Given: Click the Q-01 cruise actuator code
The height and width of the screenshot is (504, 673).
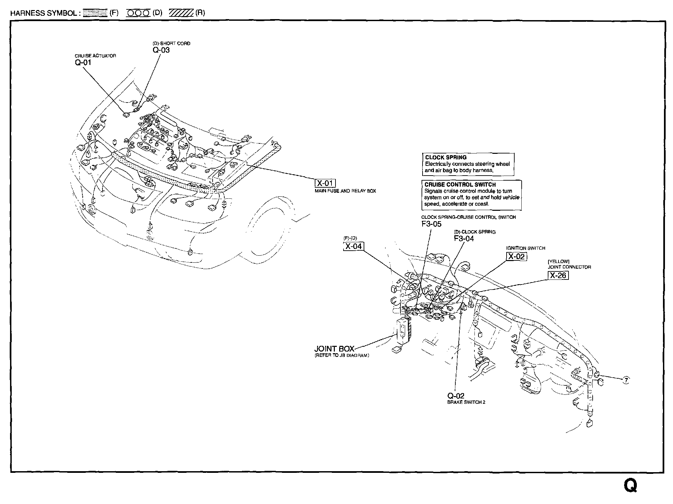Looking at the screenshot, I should [83, 62].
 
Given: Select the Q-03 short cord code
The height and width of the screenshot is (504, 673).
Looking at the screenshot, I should [161, 50].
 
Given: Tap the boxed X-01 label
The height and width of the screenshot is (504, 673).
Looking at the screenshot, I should [325, 183].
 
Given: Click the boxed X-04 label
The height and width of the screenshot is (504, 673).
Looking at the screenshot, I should [354, 246].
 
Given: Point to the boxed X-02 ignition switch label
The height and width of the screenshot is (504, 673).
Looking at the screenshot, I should [516, 256].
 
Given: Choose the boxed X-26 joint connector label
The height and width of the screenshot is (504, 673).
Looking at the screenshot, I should [558, 275].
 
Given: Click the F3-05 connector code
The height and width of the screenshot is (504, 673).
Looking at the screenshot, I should [431, 224].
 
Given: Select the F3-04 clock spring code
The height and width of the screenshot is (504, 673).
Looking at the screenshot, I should [464, 238].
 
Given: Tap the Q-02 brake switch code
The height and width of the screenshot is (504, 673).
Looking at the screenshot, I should [456, 396].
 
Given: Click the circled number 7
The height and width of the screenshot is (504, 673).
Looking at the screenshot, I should [626, 380].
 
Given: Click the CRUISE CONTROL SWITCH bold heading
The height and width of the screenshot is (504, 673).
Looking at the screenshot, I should [460, 184].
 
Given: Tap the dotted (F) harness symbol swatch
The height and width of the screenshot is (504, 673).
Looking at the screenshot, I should [95, 13].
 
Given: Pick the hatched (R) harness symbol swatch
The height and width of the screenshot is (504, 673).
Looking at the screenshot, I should [181, 13].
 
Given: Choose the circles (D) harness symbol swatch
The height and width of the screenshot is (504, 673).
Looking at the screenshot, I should [138, 13].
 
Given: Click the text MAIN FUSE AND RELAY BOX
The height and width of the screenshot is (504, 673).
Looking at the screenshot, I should [345, 191].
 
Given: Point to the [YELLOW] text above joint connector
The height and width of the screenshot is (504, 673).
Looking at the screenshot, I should [558, 261].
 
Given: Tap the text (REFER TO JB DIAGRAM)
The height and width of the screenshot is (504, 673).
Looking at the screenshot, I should [342, 355].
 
